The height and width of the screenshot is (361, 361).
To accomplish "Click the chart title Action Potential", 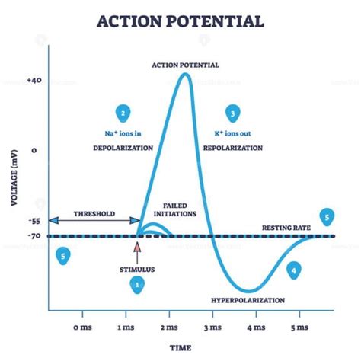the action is [x=180, y=21].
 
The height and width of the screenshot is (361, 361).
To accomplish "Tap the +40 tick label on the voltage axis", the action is [x=34, y=81].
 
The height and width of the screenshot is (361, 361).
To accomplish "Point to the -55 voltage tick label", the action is [x=34, y=221].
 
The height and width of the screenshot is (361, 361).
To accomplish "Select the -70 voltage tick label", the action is [x=34, y=236].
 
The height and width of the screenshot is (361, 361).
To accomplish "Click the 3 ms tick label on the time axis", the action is [x=212, y=327].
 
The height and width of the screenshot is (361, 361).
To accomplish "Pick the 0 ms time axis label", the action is [x=82, y=327].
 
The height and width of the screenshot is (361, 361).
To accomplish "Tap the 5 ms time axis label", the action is [x=299, y=327].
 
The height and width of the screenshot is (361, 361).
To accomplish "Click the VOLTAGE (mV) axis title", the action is [x=14, y=177].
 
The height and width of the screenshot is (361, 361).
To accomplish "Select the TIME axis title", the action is [x=180, y=348].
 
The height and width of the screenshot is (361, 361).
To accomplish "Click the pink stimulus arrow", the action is [x=137, y=254].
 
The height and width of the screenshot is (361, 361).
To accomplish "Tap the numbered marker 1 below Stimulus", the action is [x=137, y=285].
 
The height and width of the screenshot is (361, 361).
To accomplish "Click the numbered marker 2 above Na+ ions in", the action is [x=123, y=113].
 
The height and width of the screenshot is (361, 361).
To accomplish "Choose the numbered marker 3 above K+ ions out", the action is [x=233, y=113].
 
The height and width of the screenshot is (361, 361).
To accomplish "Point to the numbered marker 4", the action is [x=294, y=270].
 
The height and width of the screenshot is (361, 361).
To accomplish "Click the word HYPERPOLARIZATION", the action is [x=248, y=301].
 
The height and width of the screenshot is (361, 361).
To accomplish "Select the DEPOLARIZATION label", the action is [x=123, y=148].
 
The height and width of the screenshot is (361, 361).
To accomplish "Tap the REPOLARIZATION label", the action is [x=233, y=148].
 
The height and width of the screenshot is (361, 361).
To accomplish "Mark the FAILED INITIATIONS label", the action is [x=175, y=210].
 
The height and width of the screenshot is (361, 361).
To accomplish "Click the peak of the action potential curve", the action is [x=186, y=74].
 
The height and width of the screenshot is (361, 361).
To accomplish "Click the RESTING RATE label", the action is [x=286, y=228].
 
